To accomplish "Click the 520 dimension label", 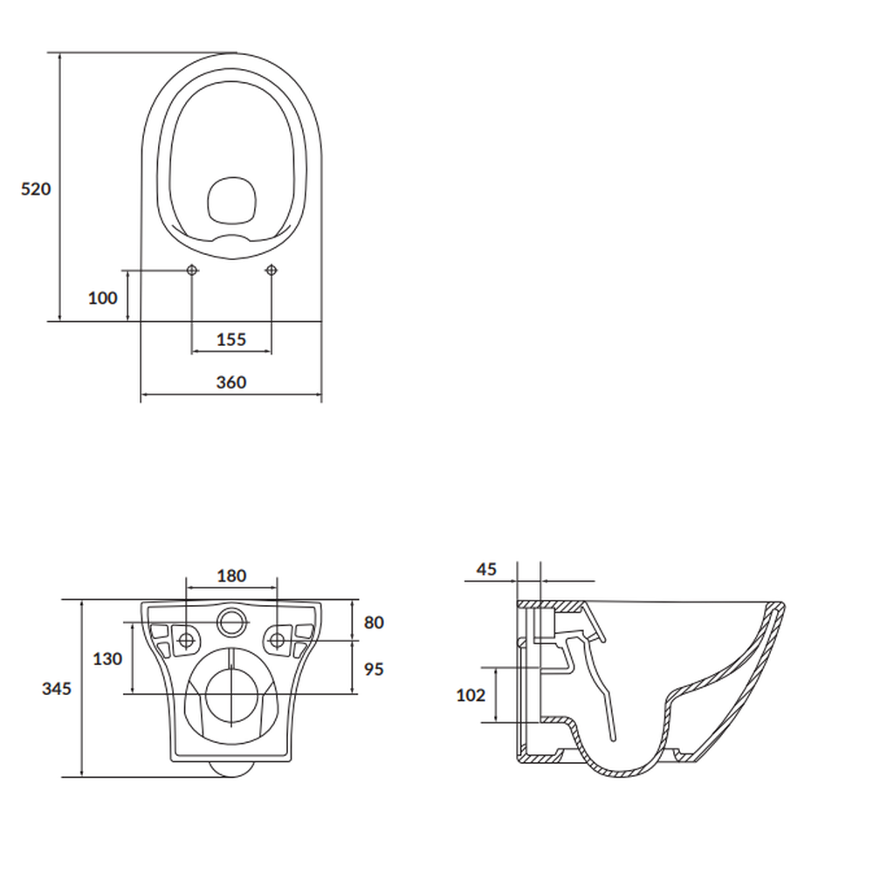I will coord(36,189).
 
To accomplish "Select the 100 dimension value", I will coord(102,299).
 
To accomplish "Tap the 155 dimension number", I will coord(231,340).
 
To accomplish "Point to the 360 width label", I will coord(231,382).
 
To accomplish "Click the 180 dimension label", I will coord(231,576).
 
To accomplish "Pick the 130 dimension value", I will coord(107,659).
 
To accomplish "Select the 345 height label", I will coord(57,688).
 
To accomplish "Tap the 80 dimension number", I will coord(374,622).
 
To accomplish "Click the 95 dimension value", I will coord(374,670).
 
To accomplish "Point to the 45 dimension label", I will coord(486,570).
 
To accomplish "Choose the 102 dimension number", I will coord(471,696).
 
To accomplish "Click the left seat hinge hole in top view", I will coord(192,270).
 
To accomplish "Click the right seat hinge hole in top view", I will coord(271,270).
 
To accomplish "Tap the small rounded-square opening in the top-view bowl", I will coord(231,199).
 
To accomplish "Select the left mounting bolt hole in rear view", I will coord(187,640).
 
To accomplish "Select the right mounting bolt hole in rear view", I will coord(278,640).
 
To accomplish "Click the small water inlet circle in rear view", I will coord(231,622).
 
